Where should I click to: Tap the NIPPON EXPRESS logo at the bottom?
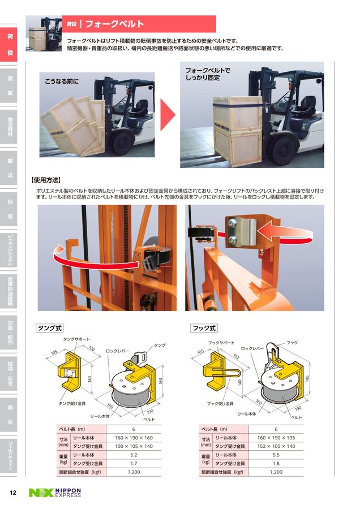pos(55,493)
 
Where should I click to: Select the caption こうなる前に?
pos(62,82)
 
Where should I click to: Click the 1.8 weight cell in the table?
pos(276,463)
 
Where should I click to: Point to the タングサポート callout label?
pos(76,339)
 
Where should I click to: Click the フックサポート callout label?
pos(221,343)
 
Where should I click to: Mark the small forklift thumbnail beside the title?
pos(45,30)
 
